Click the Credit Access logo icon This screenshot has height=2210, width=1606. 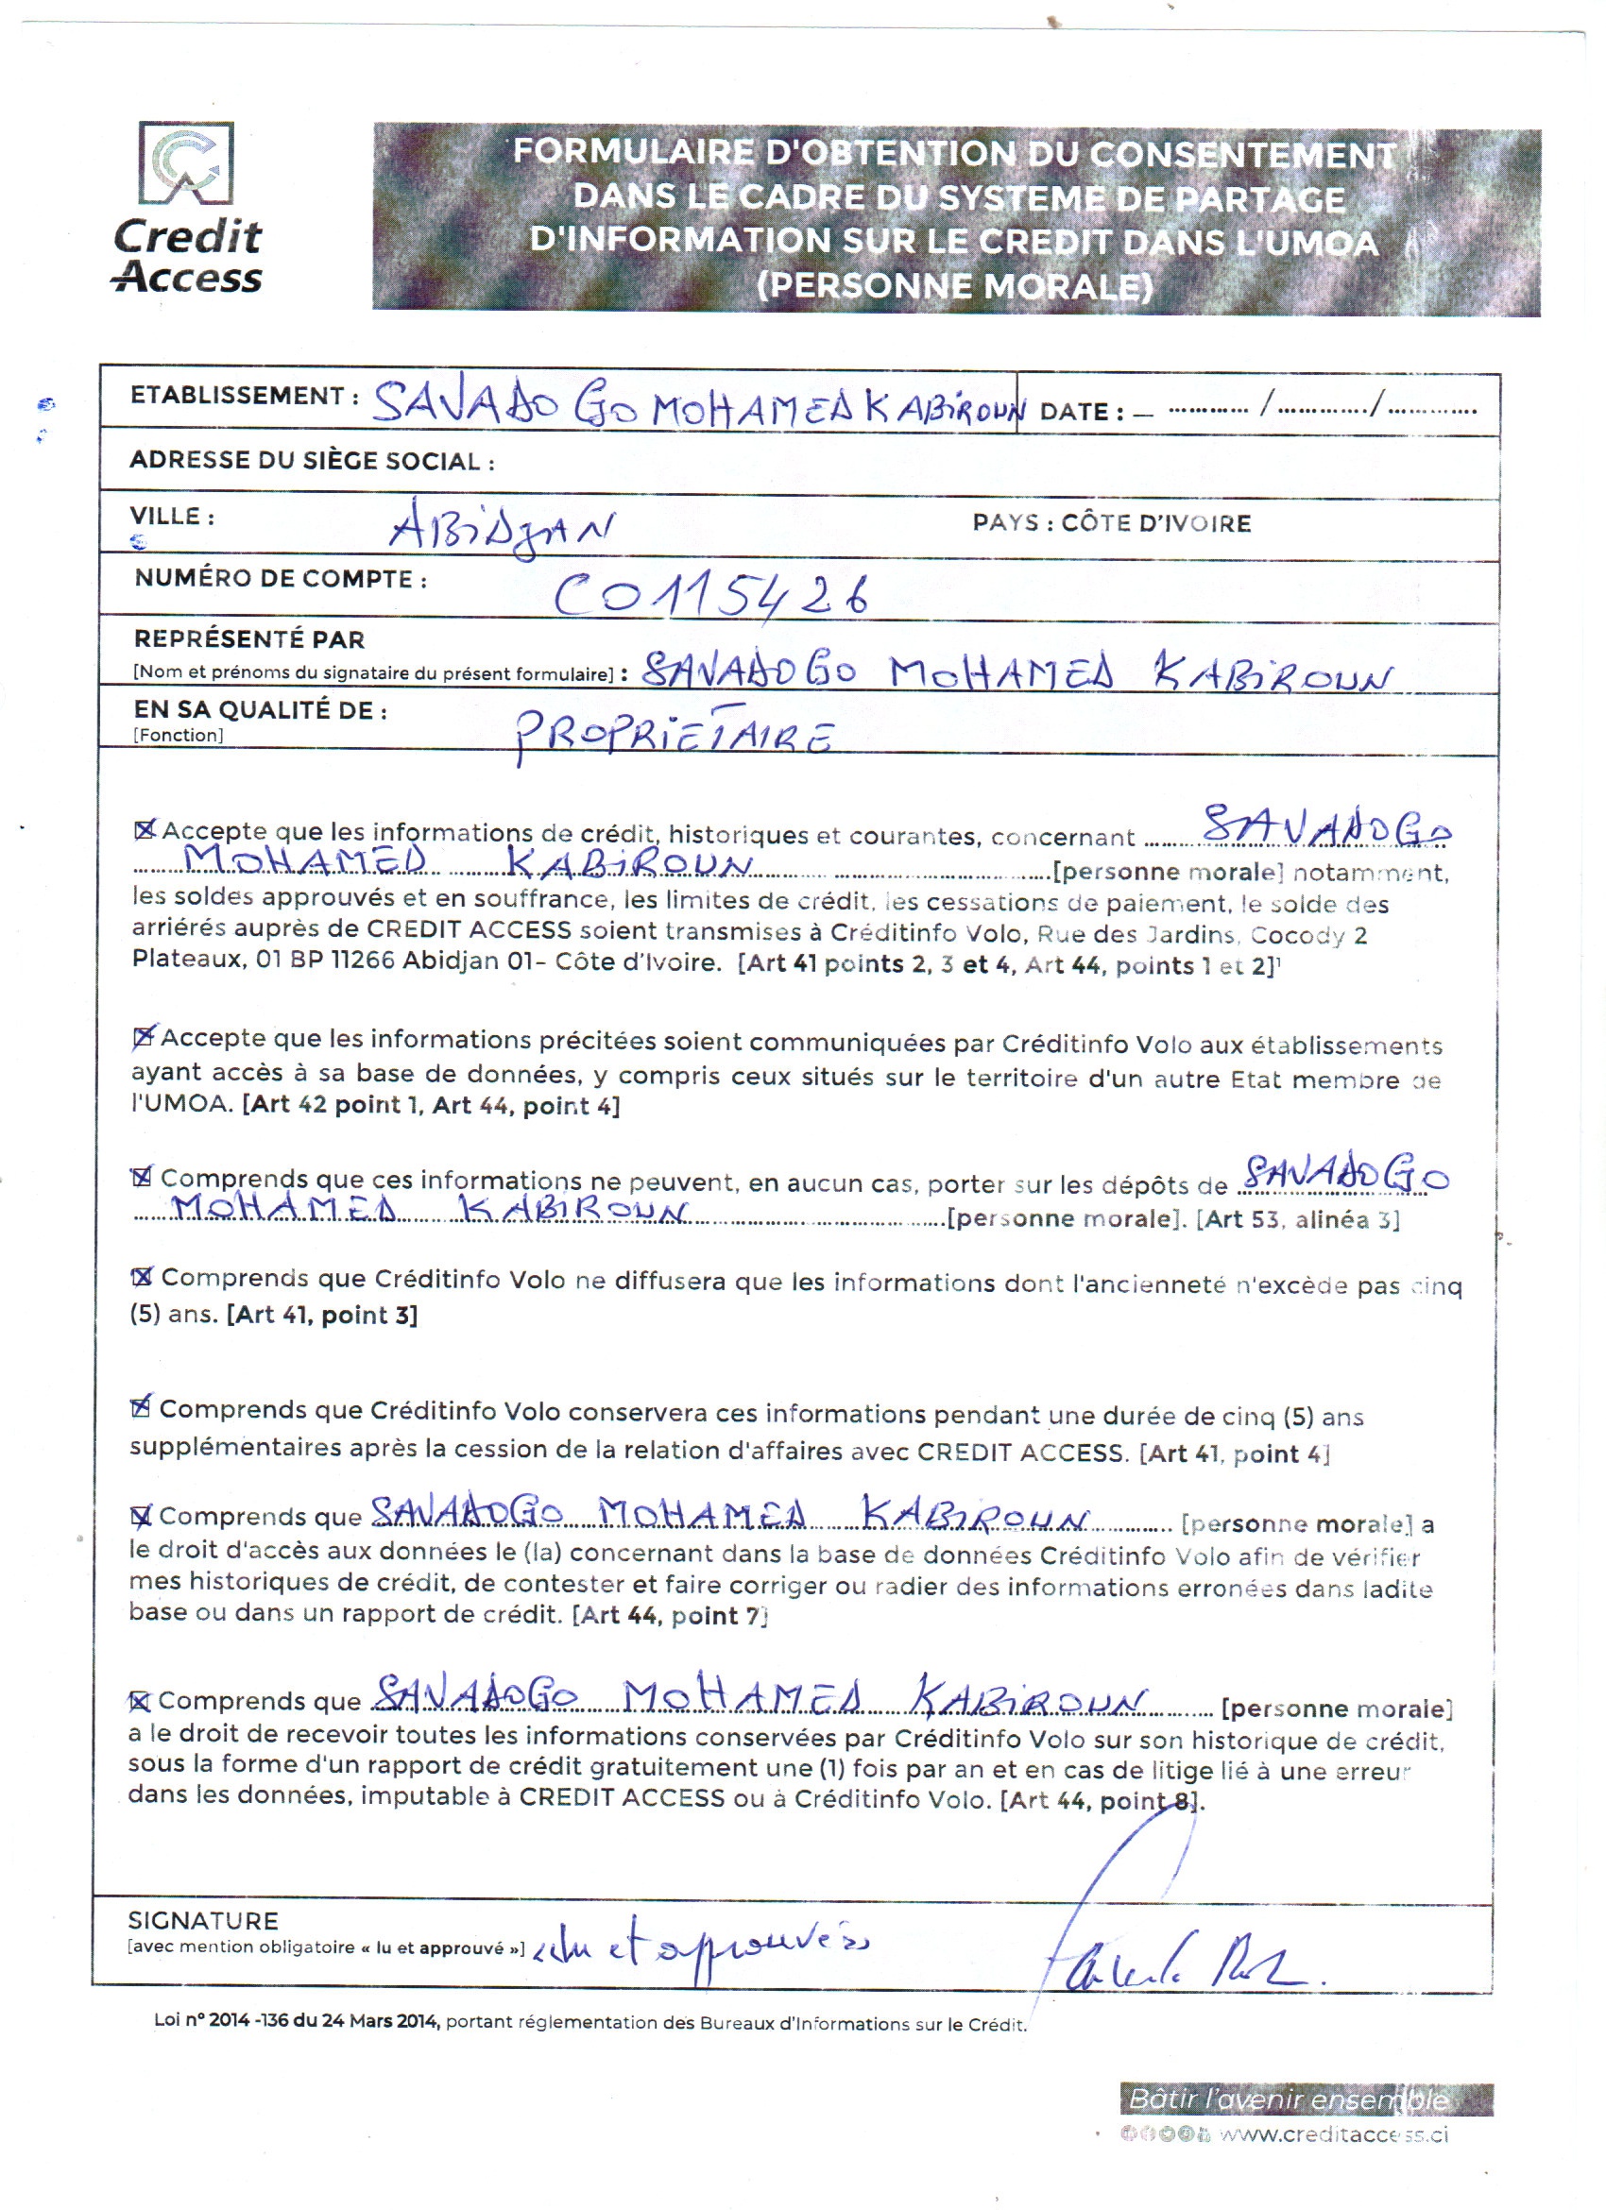tap(186, 162)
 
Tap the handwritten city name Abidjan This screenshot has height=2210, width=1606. tap(501, 532)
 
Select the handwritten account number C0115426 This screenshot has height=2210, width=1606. tap(710, 593)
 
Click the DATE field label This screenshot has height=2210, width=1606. tap(1081, 412)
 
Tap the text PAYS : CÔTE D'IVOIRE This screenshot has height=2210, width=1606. tap(1111, 523)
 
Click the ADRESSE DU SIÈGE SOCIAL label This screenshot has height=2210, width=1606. tap(312, 461)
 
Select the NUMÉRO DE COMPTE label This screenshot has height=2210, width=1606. tap(281, 579)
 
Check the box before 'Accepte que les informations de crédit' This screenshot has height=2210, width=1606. tap(145, 830)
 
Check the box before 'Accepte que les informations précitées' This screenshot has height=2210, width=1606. tap(144, 1037)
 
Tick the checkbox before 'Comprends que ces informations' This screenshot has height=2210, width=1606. tap(143, 1177)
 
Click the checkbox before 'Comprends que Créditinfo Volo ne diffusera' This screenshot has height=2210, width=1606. tap(143, 1277)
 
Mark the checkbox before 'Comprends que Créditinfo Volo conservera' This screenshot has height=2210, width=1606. tap(142, 1407)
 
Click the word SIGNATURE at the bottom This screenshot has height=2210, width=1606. tap(203, 1921)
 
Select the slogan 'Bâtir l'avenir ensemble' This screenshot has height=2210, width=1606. tap(1288, 2099)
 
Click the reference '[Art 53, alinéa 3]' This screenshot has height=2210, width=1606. tap(1297, 1220)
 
